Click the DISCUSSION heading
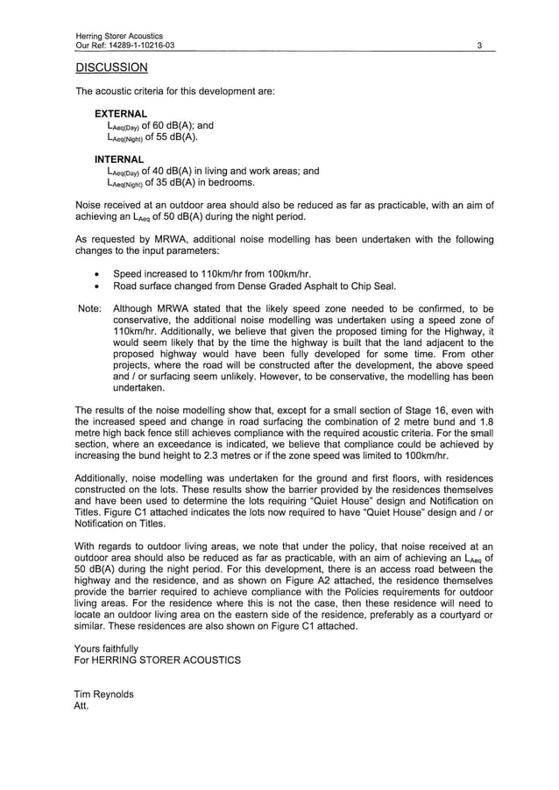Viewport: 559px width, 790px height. point(111,67)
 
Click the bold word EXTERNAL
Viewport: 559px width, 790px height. point(121,114)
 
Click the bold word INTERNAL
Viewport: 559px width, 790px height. point(119,159)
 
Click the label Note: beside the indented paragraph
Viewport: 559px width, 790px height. point(89,309)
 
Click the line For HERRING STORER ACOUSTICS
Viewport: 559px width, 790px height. point(158,660)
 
